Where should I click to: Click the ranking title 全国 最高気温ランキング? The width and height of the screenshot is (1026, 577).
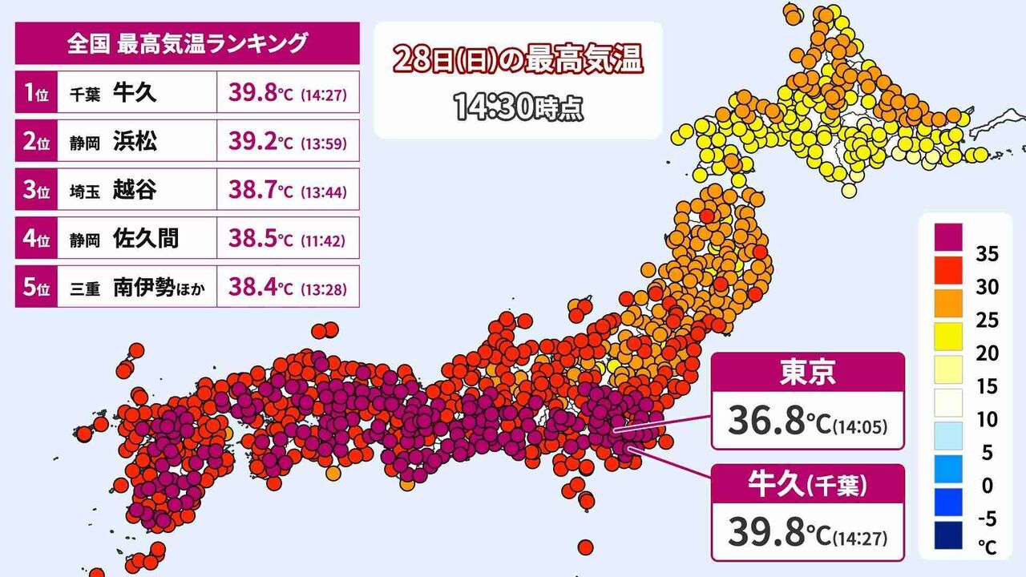(x=187, y=43)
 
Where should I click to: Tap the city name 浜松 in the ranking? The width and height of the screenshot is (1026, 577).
(x=135, y=141)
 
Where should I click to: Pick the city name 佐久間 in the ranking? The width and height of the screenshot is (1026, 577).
(x=146, y=239)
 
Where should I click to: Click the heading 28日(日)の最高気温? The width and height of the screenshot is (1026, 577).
(x=517, y=61)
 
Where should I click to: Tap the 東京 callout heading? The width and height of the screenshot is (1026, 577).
(x=807, y=373)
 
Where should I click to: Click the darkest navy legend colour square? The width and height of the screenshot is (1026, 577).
(x=948, y=535)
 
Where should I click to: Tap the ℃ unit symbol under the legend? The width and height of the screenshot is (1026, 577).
(x=987, y=547)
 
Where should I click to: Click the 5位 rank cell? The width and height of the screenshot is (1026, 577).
(x=35, y=288)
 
